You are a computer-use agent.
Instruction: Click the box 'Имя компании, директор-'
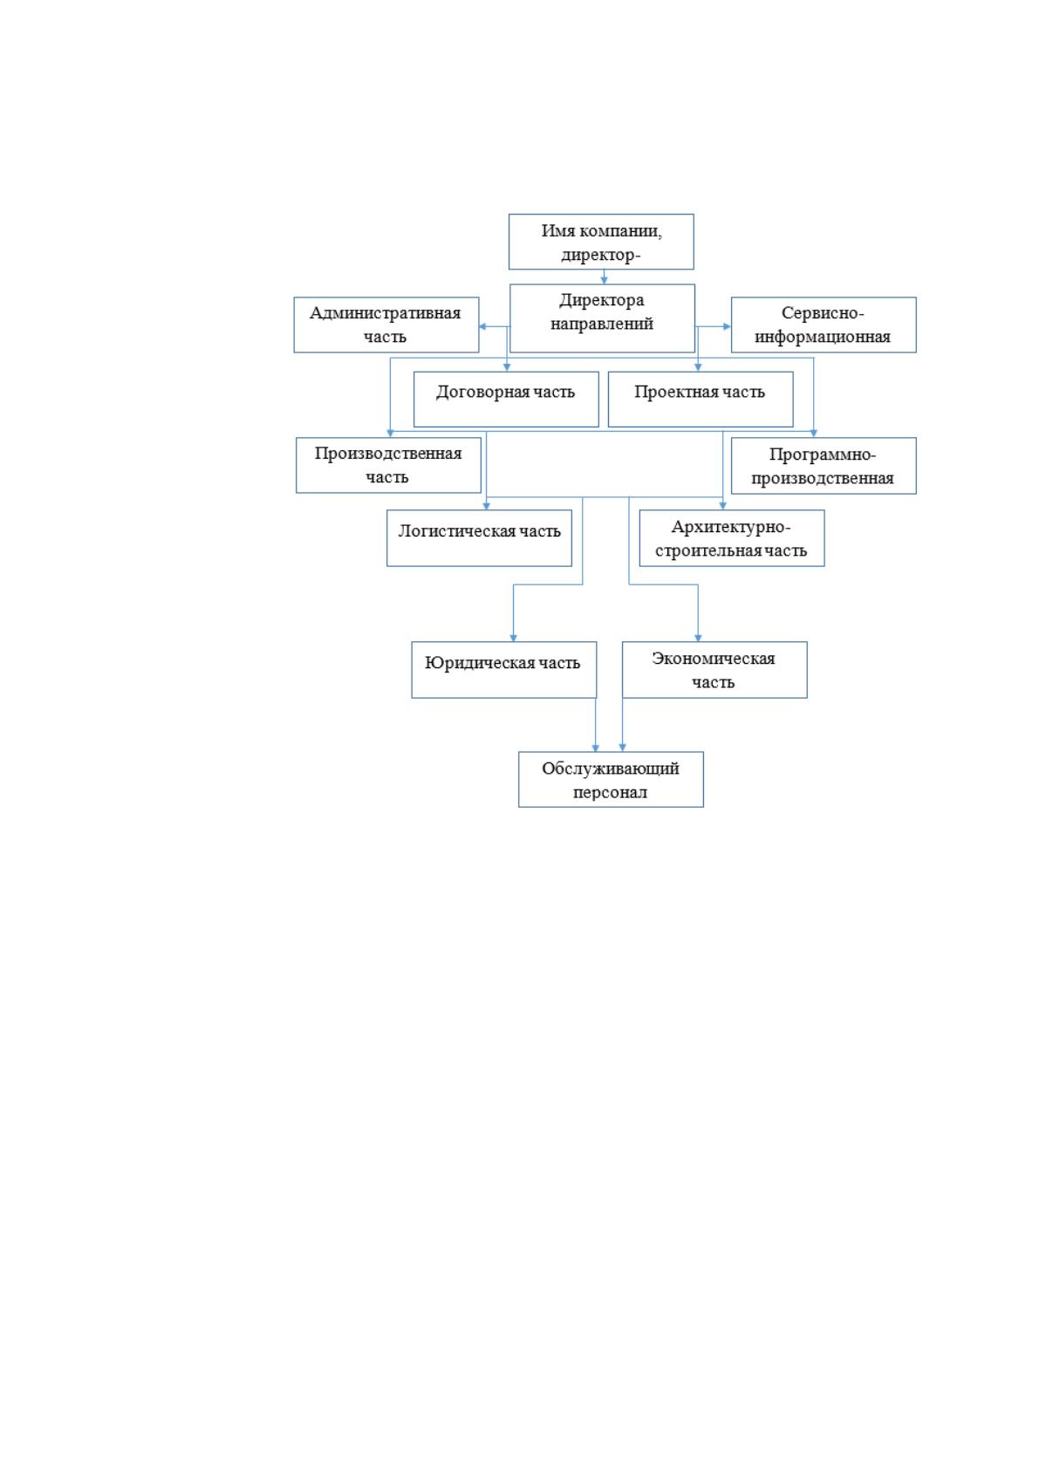601,242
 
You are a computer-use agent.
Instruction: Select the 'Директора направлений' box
602,318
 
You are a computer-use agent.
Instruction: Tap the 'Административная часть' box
386,325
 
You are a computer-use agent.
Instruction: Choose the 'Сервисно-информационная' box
824,325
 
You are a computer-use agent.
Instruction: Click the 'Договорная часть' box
506,400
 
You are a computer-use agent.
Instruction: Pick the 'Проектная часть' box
701,400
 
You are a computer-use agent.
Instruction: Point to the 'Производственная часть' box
388,465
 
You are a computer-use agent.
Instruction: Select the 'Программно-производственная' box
824,466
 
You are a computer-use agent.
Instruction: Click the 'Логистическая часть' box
480,537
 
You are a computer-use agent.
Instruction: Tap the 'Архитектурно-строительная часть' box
732,537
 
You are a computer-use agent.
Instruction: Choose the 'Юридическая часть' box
504,670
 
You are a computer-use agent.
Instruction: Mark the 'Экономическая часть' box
715,670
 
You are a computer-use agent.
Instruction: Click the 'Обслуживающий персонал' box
612,779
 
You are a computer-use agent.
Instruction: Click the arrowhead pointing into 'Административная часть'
482,326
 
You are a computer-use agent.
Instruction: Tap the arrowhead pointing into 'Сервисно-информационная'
727,326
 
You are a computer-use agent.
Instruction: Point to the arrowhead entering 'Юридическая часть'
514,638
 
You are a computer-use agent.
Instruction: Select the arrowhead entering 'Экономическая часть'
698,638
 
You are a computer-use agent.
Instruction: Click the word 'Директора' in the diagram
601,300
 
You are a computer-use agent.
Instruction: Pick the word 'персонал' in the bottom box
610,792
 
